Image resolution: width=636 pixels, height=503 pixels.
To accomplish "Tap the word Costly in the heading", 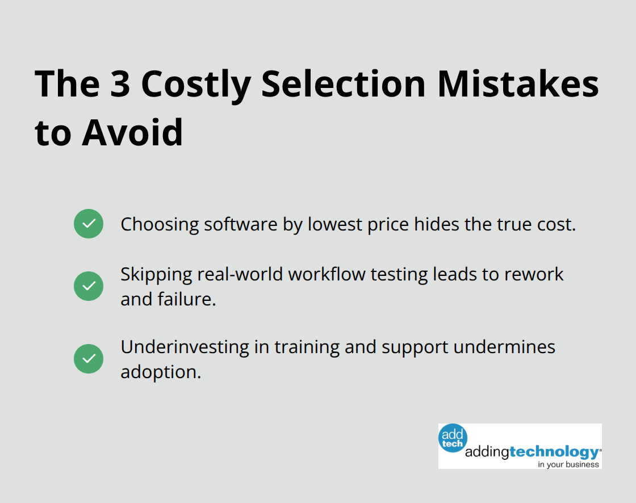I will [196, 84].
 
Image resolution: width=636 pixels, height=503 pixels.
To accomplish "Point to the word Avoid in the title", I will [132, 132].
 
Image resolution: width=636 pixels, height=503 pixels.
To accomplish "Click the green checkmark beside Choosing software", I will [89, 224].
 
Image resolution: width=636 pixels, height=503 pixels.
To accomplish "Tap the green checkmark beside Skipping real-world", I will [89, 286].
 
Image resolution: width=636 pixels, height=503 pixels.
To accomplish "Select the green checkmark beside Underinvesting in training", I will [89, 359].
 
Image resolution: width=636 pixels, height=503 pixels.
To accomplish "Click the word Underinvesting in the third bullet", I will [185, 347].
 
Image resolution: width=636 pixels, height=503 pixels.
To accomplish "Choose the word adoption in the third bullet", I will [161, 372].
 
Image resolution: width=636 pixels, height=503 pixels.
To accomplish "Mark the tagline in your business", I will [568, 464].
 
